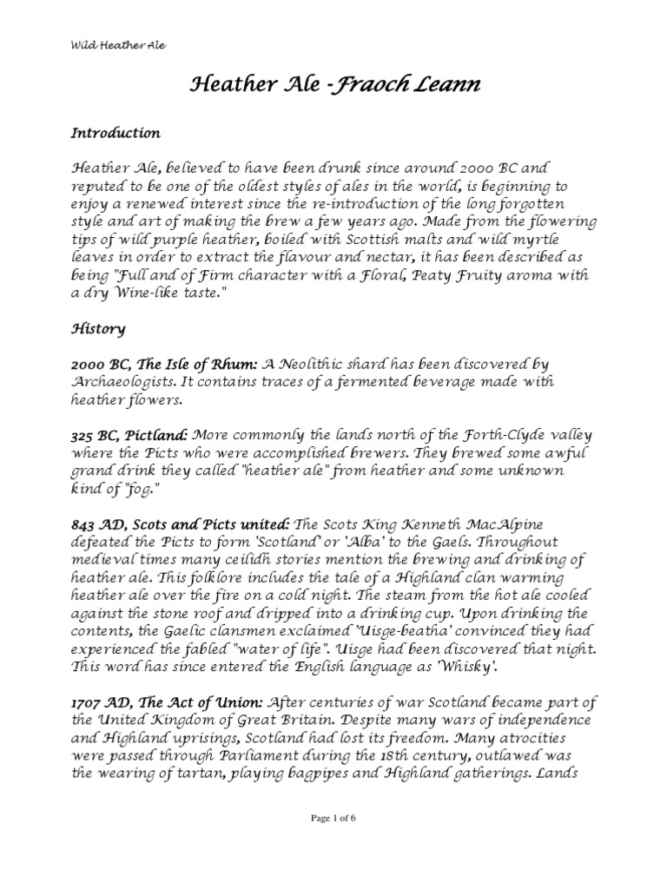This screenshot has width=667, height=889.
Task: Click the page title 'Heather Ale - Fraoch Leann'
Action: tap(333, 86)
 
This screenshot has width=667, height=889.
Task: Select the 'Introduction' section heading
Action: tap(115, 134)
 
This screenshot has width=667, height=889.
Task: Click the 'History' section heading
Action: tap(98, 329)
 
